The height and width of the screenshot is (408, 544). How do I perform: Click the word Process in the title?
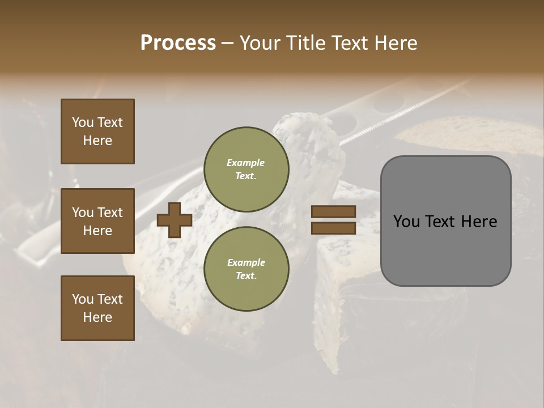pyautogui.click(x=178, y=43)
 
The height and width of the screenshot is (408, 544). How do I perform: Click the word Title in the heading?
pyautogui.click(x=305, y=43)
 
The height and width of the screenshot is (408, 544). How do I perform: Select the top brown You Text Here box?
pyautogui.click(x=97, y=131)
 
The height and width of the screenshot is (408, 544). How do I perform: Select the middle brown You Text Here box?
pyautogui.click(x=97, y=221)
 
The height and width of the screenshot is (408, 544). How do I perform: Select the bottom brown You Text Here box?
pyautogui.click(x=97, y=308)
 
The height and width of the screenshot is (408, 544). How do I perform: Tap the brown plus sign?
pyautogui.click(x=175, y=220)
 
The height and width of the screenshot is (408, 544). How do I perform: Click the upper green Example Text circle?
pyautogui.click(x=246, y=169)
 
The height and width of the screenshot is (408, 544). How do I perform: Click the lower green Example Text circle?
pyautogui.click(x=246, y=269)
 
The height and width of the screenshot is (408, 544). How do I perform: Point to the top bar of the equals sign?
pyautogui.click(x=333, y=212)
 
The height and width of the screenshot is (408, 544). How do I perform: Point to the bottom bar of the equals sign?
pyautogui.click(x=333, y=228)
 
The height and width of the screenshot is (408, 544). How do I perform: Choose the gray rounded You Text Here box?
pyautogui.click(x=445, y=221)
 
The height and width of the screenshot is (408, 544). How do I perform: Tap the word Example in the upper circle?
pyautogui.click(x=246, y=163)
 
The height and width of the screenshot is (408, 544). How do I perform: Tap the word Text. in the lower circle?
pyautogui.click(x=246, y=275)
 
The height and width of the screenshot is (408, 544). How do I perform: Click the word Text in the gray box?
pyautogui.click(x=443, y=222)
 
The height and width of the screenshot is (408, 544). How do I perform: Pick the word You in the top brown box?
pyautogui.click(x=83, y=122)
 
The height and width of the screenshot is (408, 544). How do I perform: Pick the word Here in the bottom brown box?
pyautogui.click(x=97, y=317)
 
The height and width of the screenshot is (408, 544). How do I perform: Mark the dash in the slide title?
pyautogui.click(x=227, y=44)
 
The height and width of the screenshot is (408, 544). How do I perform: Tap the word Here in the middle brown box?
pyautogui.click(x=97, y=231)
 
